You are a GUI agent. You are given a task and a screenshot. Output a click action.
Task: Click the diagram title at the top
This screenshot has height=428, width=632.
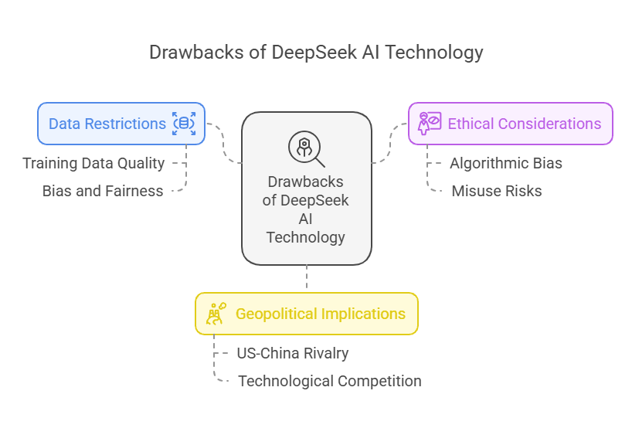pos(316,53)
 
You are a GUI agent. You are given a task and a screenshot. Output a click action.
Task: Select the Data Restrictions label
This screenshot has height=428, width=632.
pos(107,124)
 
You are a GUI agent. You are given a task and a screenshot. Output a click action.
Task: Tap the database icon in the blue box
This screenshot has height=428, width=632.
pos(184,124)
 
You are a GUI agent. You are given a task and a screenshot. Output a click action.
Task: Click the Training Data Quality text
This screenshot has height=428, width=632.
pos(93,164)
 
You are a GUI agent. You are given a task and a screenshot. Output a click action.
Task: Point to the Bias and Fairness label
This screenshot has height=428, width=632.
pos(103,191)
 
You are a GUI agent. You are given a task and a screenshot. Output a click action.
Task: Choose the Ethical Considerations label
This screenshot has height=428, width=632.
pos(525,124)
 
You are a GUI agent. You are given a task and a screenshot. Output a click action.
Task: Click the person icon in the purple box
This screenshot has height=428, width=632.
pos(430,124)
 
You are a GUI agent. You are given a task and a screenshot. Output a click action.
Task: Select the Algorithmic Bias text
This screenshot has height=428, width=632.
pos(506,164)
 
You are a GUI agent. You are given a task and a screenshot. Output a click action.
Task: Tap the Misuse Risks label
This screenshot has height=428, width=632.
pos(497,191)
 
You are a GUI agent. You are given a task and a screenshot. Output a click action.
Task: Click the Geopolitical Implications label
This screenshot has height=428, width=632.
pos(321,314)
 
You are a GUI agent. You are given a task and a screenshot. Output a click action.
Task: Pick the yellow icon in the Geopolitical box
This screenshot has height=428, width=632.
pos(216,314)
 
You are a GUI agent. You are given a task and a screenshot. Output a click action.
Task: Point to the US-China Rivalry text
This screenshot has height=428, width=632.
pos(293,353)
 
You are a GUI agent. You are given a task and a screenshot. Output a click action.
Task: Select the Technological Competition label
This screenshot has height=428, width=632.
pos(330,381)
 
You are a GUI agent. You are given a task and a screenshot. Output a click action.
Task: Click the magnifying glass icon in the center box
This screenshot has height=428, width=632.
pos(306,148)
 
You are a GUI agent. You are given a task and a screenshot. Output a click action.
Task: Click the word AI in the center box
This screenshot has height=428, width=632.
pos(305,219)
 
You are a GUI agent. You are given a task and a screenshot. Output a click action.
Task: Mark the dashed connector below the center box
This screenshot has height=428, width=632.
pos(307,277)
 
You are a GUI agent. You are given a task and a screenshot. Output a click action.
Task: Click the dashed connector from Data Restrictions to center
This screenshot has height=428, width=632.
pos(223,142)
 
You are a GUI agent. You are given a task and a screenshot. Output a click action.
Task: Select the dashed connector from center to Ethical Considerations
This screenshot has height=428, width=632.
pos(390,142)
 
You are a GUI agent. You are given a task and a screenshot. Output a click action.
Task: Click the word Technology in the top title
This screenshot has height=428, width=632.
pos(433,53)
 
